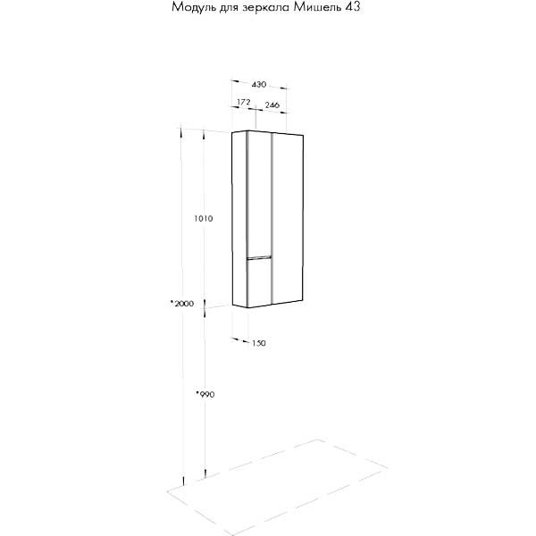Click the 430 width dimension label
point(259,85)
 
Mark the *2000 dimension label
point(182,305)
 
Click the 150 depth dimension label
point(259,343)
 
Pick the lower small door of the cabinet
point(258,281)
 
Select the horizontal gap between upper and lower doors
point(258,257)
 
